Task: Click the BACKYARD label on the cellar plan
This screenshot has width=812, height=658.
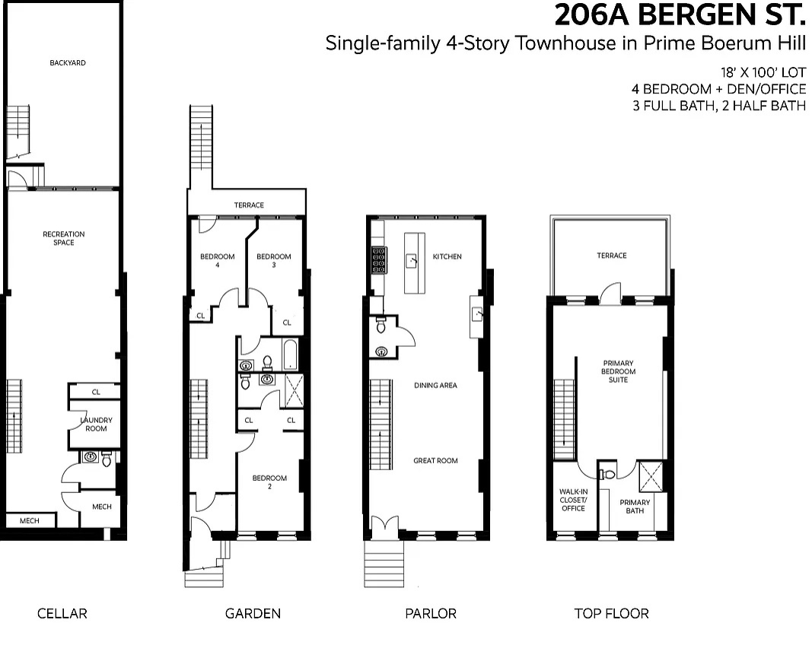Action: pos(67,62)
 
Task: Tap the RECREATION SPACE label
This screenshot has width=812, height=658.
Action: pos(64,238)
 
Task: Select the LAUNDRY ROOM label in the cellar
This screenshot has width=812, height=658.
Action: pos(97,424)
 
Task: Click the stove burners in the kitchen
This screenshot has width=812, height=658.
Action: pos(379,260)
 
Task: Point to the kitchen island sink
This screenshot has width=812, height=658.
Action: pos(412,260)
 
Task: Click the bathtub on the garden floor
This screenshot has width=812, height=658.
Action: pos(291,354)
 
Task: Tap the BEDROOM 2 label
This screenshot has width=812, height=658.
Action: pos(269,482)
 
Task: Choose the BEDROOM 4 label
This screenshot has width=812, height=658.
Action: pos(218,260)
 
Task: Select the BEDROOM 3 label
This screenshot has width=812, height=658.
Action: pos(273,260)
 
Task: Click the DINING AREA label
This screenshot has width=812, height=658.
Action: pos(435,385)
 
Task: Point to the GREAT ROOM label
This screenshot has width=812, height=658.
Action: pos(435,461)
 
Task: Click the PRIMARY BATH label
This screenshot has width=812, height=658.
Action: pos(635,507)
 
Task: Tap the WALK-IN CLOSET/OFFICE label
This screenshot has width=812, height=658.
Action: pos(573,500)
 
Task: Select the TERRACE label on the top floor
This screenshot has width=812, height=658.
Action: pos(612,256)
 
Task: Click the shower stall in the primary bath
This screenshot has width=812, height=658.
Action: pos(651,476)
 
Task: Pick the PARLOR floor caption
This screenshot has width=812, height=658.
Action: pos(431,614)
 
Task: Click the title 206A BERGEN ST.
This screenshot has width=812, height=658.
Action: pos(680,14)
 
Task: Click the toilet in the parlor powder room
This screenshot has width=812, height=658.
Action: pos(381,326)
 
